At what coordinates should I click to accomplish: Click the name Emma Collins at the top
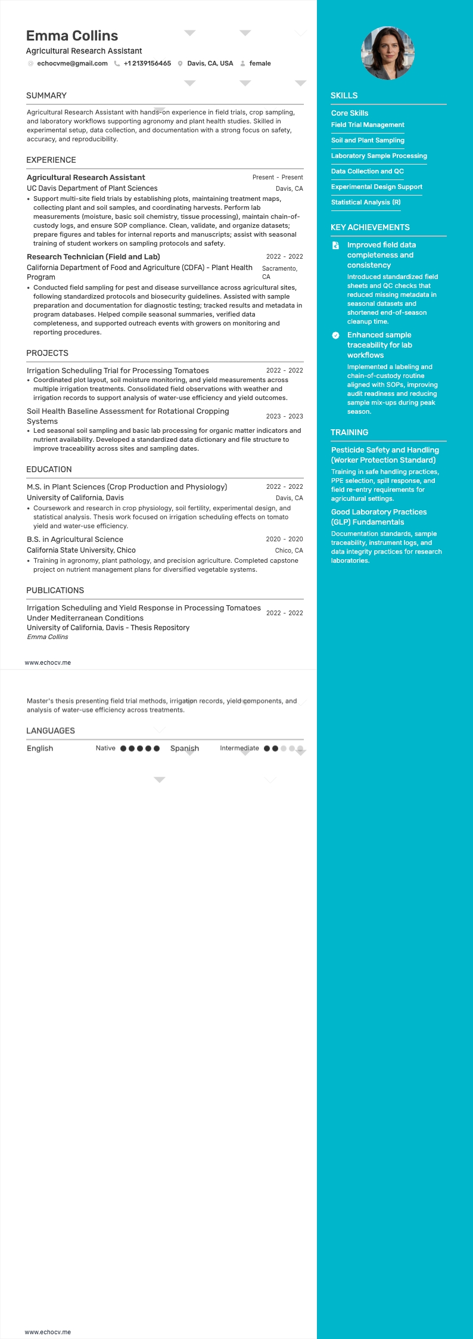(x=72, y=36)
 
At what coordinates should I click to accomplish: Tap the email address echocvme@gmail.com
(x=72, y=63)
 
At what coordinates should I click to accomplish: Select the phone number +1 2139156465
(x=147, y=63)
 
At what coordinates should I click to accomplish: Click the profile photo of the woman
(x=388, y=53)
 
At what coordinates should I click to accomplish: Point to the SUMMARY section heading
(x=46, y=95)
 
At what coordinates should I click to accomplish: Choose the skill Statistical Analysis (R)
(x=366, y=202)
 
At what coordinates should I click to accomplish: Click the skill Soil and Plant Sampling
(x=368, y=140)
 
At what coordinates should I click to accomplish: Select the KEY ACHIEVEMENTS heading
(x=370, y=227)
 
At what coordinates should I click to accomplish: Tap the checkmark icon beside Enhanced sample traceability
(x=335, y=336)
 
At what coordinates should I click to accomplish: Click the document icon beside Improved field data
(x=335, y=245)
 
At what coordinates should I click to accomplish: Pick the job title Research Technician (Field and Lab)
(x=94, y=257)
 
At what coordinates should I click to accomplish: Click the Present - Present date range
(x=278, y=177)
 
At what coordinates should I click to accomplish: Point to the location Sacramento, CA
(x=279, y=272)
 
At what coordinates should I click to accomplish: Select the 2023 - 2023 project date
(x=284, y=416)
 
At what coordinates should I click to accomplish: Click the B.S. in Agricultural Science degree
(x=75, y=539)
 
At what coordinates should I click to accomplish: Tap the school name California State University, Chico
(x=81, y=550)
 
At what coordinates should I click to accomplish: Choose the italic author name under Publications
(x=48, y=637)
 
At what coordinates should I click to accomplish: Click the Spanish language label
(x=185, y=748)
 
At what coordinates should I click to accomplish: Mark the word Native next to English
(x=105, y=748)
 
